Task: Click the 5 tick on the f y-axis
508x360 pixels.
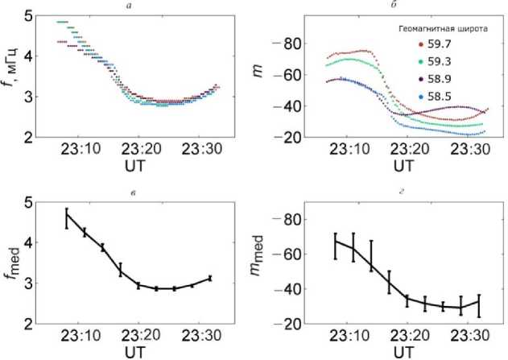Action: (29, 15)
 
